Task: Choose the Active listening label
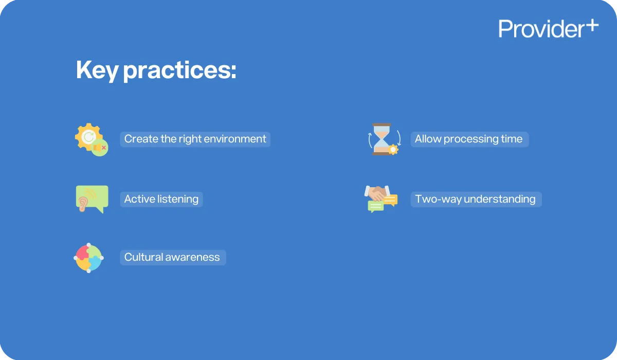click(x=161, y=199)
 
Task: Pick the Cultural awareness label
click(x=172, y=257)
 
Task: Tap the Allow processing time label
click(x=469, y=139)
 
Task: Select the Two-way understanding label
click(x=476, y=199)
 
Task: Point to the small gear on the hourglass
click(x=393, y=150)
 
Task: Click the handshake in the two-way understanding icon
click(x=377, y=192)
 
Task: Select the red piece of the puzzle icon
click(x=82, y=252)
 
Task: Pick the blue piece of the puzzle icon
click(x=95, y=263)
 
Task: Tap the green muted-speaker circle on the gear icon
click(x=99, y=148)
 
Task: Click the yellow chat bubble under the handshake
click(x=390, y=200)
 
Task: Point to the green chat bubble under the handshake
click(x=375, y=206)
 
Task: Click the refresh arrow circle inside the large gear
click(x=88, y=136)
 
